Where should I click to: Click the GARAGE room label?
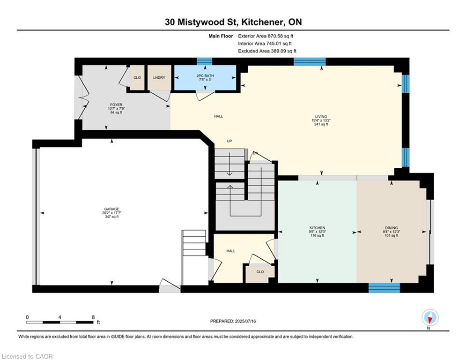(x=111, y=209)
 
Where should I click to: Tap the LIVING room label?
(x=321, y=117)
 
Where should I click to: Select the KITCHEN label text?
(x=317, y=228)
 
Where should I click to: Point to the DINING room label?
(x=392, y=228)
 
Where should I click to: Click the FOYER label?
(x=116, y=105)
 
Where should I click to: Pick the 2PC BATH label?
(x=205, y=76)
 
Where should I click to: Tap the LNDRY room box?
(x=159, y=78)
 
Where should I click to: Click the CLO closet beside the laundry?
(x=137, y=78)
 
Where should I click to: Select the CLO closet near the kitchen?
(x=260, y=272)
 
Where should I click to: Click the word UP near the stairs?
(x=229, y=141)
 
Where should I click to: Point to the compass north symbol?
(x=430, y=318)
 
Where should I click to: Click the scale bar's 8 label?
(x=93, y=317)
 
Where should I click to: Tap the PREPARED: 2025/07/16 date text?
(x=233, y=321)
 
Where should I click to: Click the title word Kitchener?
(x=262, y=22)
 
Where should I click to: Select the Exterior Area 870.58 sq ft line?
(x=266, y=36)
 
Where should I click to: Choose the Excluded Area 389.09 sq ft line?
(x=267, y=51)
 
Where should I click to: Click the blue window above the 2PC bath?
(x=205, y=61)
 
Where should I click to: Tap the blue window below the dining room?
(x=384, y=288)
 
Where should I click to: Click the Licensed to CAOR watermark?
(x=27, y=356)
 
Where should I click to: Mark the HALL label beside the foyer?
(x=218, y=116)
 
